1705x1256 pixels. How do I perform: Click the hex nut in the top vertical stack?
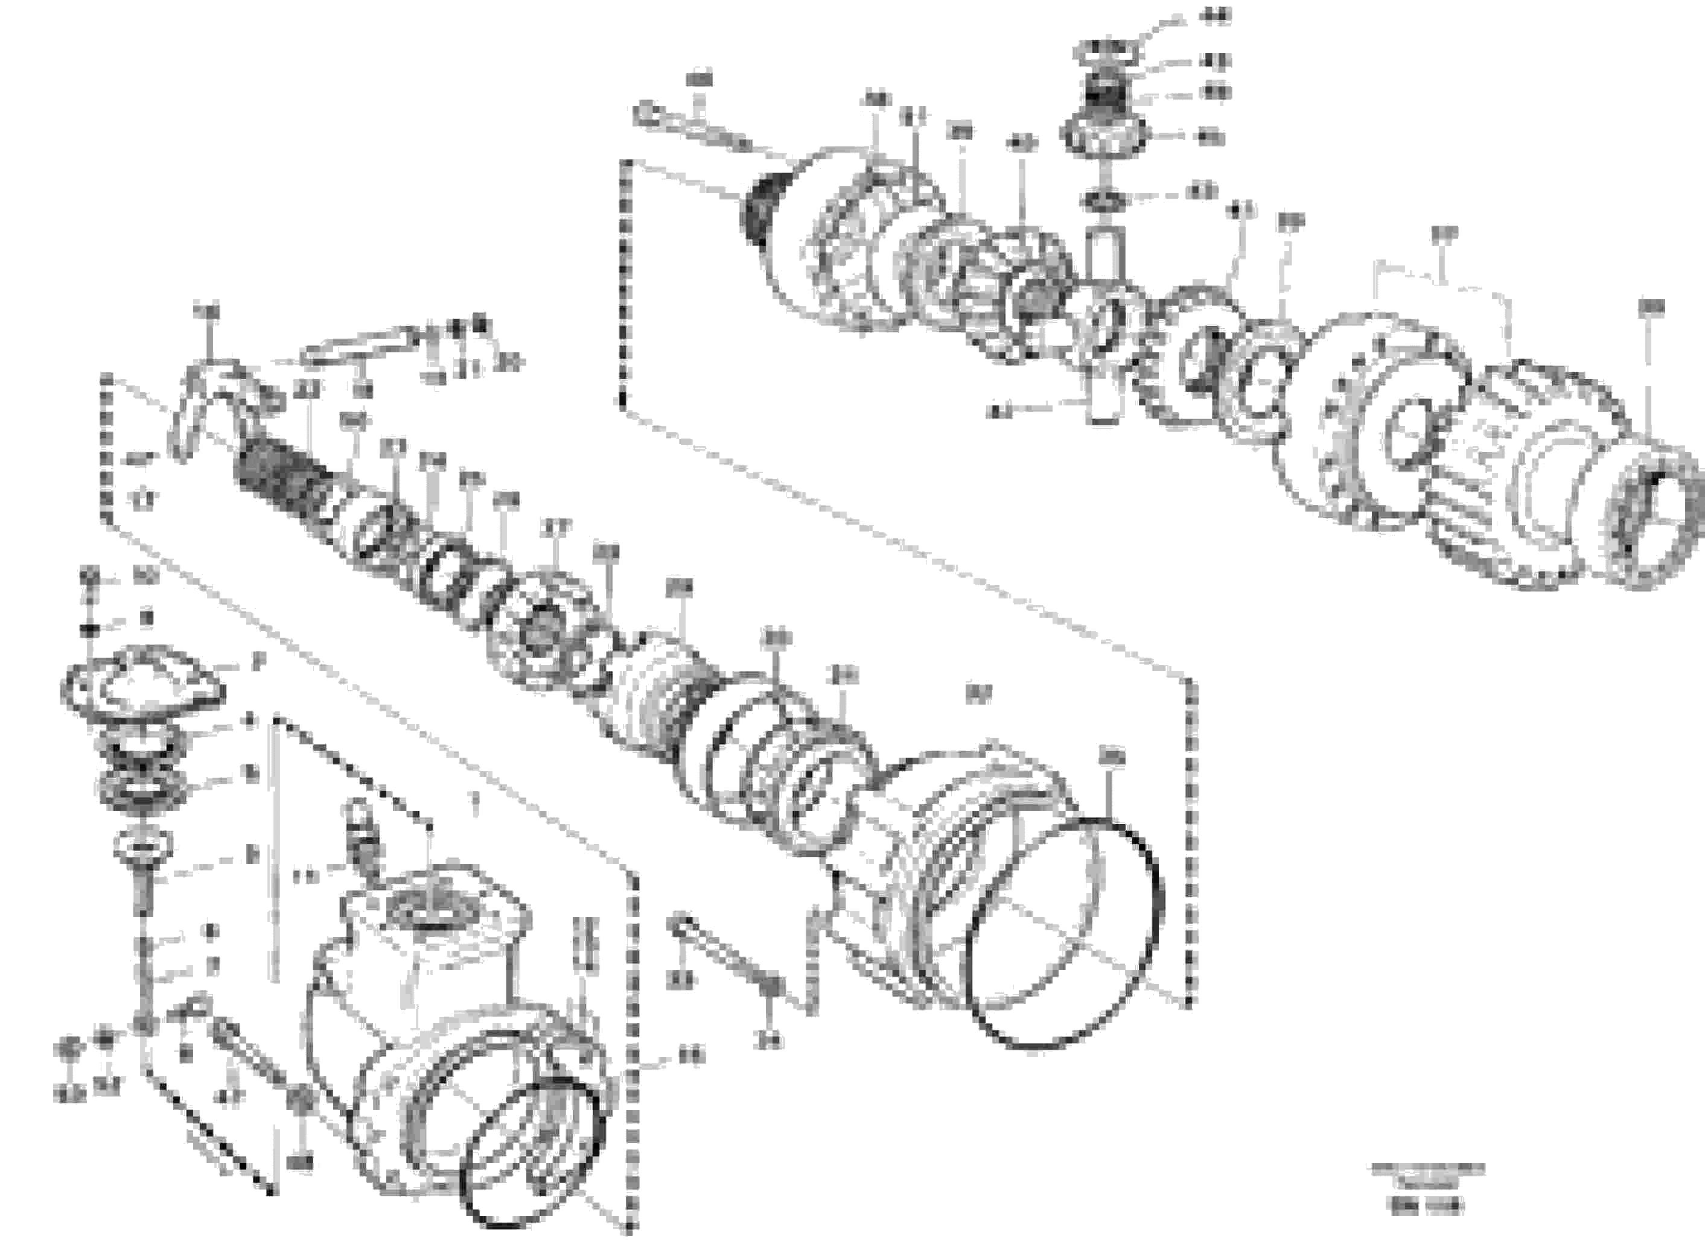pyautogui.click(x=1108, y=135)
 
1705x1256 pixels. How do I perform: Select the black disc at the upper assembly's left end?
pyautogui.click(x=757, y=209)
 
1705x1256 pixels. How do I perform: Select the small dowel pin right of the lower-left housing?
pyautogui.click(x=585, y=943)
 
